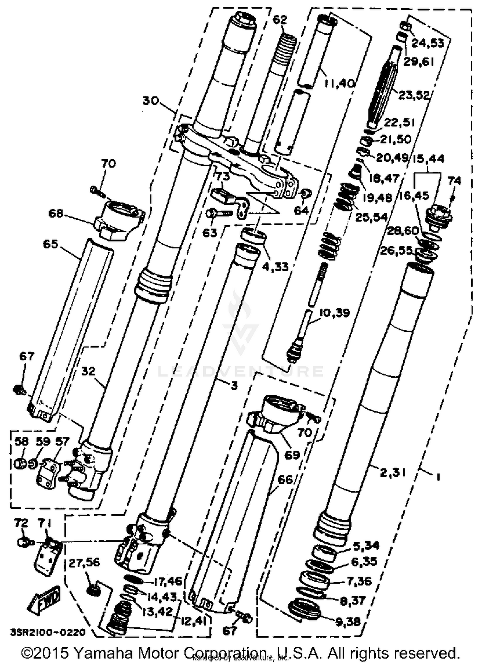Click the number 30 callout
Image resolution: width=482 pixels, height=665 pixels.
[151, 101]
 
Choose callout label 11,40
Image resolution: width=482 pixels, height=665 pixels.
[339, 84]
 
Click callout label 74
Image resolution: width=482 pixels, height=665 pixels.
[454, 181]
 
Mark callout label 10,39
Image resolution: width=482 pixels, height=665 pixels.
[334, 313]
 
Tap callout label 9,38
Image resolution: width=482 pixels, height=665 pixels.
[348, 622]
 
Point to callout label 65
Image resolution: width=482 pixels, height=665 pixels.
[50, 244]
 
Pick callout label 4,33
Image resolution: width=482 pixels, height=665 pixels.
[275, 266]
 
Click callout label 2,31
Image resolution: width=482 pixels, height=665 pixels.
[392, 472]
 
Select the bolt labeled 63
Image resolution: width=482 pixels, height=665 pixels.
[220, 213]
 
